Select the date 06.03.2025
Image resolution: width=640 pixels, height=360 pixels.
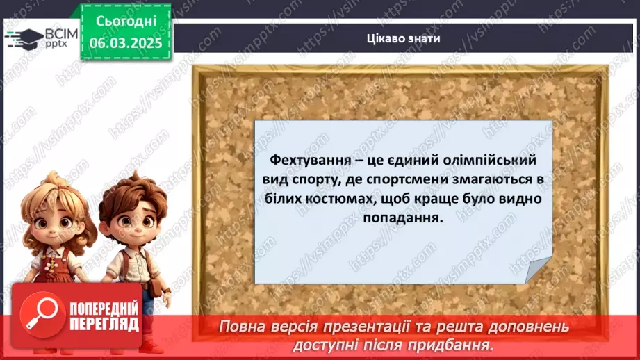(125, 43)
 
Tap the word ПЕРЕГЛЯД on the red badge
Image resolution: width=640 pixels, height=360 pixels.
(104, 325)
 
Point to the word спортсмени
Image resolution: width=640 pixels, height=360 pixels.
(394, 179)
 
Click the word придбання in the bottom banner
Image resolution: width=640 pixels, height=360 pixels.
(459, 344)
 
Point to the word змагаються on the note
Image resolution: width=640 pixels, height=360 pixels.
(483, 179)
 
